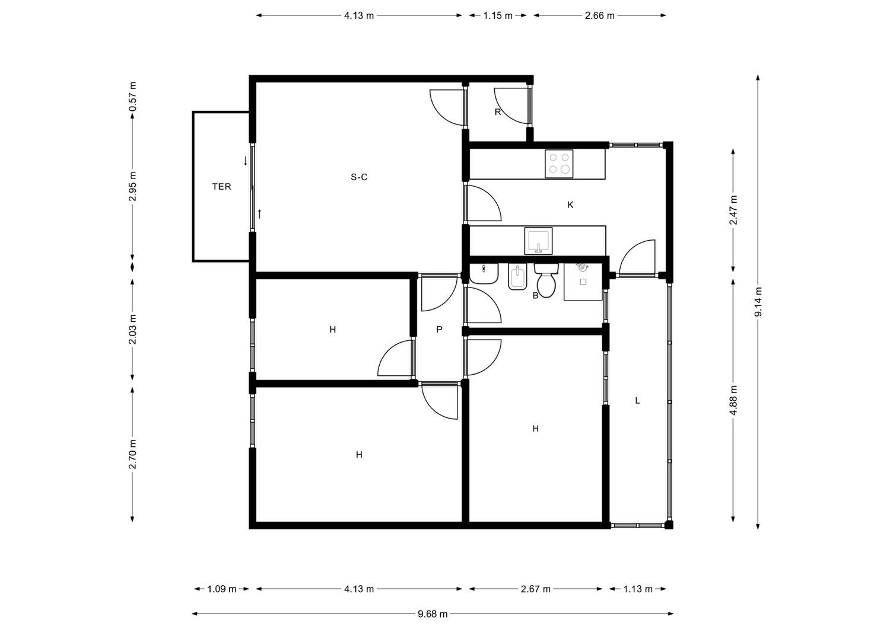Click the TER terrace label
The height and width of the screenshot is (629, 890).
(x=221, y=187)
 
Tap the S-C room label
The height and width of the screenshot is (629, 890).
(x=359, y=177)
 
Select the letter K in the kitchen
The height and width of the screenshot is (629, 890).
(x=570, y=205)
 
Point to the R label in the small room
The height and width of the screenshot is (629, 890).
(x=497, y=113)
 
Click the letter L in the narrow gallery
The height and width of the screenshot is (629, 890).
(x=637, y=400)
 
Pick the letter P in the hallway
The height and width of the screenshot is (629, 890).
(x=439, y=329)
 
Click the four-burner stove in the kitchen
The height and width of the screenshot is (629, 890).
(x=559, y=164)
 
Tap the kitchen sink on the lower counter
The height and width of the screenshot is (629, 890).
(x=538, y=241)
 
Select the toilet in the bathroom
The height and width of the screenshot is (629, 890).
(x=546, y=280)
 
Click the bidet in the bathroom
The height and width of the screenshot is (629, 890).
(x=517, y=277)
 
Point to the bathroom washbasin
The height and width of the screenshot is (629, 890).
(x=484, y=273)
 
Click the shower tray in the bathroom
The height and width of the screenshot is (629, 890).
(x=583, y=281)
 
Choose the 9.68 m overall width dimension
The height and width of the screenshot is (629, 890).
(x=433, y=614)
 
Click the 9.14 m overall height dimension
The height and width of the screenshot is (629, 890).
(x=758, y=302)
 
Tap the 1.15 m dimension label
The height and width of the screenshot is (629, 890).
(x=497, y=15)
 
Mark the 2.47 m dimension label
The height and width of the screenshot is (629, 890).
(x=733, y=210)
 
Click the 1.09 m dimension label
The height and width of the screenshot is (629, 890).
(x=222, y=589)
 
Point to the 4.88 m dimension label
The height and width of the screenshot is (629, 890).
(x=733, y=400)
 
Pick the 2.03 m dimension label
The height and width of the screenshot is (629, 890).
(x=132, y=329)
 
